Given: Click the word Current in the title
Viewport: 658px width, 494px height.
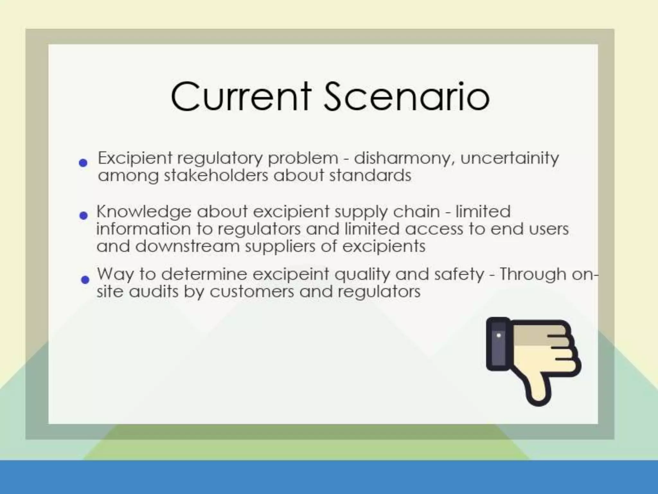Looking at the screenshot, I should point(241,96).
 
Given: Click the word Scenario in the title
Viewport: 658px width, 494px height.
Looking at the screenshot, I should point(406,96).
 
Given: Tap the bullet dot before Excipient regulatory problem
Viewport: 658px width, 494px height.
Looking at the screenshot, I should point(83,163).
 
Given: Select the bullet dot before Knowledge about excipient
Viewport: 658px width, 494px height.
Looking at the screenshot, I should point(84,215).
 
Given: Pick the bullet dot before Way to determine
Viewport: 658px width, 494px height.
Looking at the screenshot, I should point(85,279).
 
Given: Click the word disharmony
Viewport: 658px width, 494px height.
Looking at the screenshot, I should point(402,158).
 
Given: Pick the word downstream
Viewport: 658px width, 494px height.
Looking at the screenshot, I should point(187,246).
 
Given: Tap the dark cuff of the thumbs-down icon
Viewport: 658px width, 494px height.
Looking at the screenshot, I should point(498,344).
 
